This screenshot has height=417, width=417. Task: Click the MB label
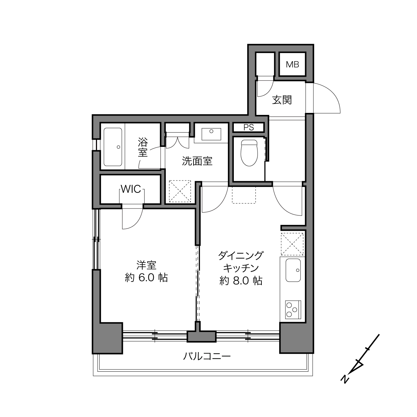[292, 64]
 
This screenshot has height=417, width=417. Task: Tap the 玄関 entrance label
[282, 100]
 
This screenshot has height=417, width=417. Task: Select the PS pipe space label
[249, 128]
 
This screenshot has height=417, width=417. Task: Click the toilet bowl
[249, 153]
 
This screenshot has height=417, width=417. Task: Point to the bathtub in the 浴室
[113, 147]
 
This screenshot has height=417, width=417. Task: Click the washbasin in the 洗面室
[211, 134]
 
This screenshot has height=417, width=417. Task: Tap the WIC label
[131, 189]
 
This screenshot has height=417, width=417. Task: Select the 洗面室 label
[197, 161]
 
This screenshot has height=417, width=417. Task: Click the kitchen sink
[293, 270]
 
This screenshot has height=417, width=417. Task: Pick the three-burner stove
[293, 310]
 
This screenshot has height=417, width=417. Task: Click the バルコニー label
[207, 356]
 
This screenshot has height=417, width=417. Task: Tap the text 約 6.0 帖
[146, 278]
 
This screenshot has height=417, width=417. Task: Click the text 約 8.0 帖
[241, 281]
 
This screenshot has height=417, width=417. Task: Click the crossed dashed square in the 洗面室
[180, 191]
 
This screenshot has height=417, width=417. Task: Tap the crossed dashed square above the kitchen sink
[292, 244]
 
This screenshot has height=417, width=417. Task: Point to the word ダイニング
[241, 255]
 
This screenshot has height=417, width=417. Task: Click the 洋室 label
[146, 265]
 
